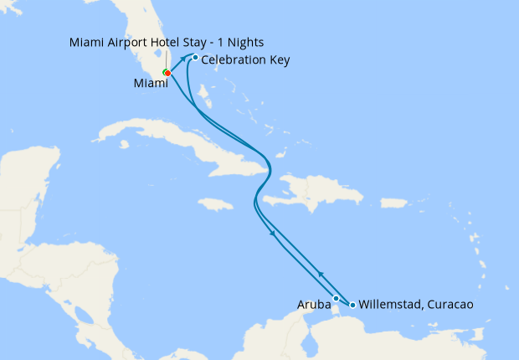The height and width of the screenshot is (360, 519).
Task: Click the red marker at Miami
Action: [x=168, y=73]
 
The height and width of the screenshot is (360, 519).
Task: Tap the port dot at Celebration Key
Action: [x=195, y=58]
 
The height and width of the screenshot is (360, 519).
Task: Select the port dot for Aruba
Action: [x=336, y=298]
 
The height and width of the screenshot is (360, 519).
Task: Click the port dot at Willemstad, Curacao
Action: [x=352, y=305]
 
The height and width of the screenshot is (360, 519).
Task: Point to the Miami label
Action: [x=151, y=84]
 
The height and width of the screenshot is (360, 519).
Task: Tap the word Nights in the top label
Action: [x=252, y=42]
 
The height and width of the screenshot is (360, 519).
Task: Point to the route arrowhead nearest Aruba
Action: [x=320, y=273]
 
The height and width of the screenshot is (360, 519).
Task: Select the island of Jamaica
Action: [x=217, y=203]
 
